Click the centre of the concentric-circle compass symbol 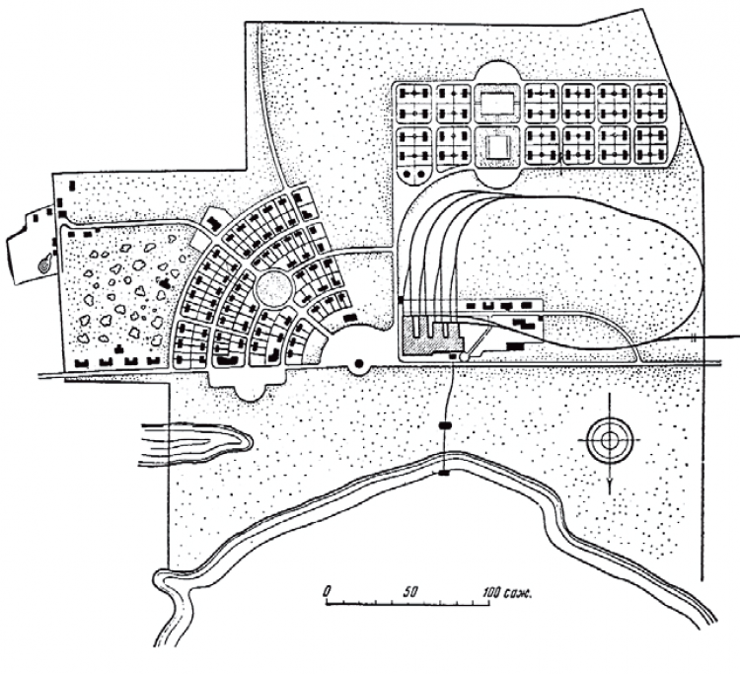[x=609, y=439]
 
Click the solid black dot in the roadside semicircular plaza [x=359, y=364]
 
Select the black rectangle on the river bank [x=445, y=473]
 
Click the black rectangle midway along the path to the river [x=445, y=425]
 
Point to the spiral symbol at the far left [x=44, y=263]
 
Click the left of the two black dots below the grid [x=408, y=174]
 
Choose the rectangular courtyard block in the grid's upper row [x=497, y=101]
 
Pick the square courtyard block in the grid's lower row [x=497, y=147]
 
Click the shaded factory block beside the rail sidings [x=430, y=337]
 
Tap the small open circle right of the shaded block [x=465, y=358]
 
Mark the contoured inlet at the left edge [x=196, y=444]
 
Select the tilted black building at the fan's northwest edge [x=215, y=222]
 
